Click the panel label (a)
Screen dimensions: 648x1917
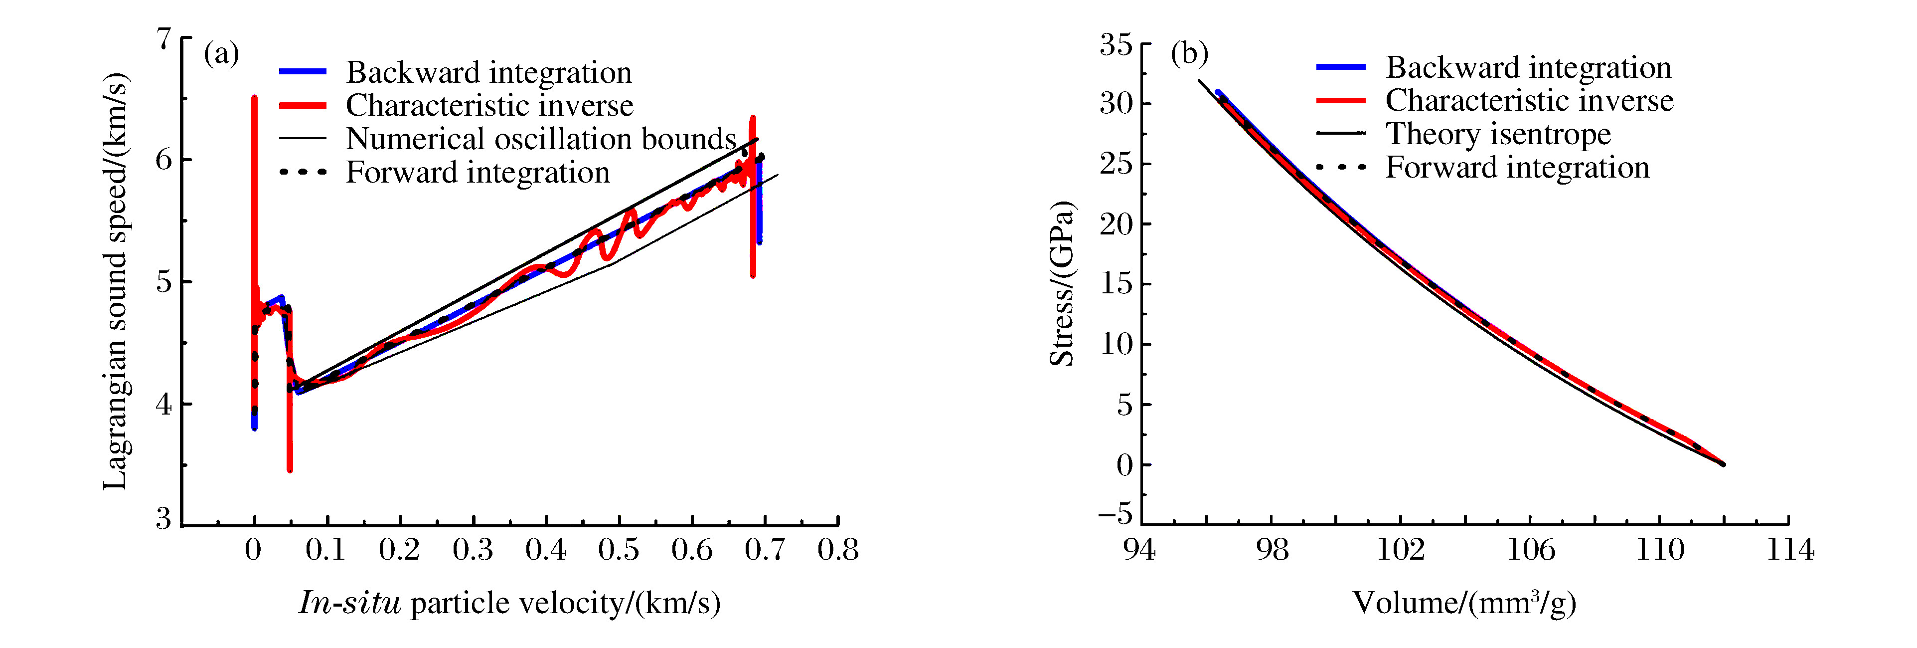(x=221, y=54)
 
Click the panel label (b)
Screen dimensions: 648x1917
(x=1189, y=54)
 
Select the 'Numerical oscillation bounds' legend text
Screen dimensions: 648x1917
(x=541, y=139)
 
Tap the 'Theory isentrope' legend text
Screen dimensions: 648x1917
(x=1497, y=134)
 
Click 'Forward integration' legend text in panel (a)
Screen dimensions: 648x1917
(x=478, y=172)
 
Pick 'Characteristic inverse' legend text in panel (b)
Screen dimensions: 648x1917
(x=1529, y=101)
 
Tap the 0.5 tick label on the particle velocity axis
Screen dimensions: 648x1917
(x=619, y=550)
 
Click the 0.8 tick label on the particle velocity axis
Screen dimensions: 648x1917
(x=838, y=550)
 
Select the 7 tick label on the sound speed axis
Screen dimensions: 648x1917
(x=163, y=39)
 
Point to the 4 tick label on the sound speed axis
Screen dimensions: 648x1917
(x=163, y=405)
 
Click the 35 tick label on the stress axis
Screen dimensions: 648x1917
(x=1116, y=45)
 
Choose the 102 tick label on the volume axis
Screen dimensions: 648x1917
(x=1401, y=550)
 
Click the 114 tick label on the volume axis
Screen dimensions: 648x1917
(x=1789, y=550)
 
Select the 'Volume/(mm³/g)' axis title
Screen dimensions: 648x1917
(x=1464, y=602)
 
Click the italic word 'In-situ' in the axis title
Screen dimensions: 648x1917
(x=350, y=602)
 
